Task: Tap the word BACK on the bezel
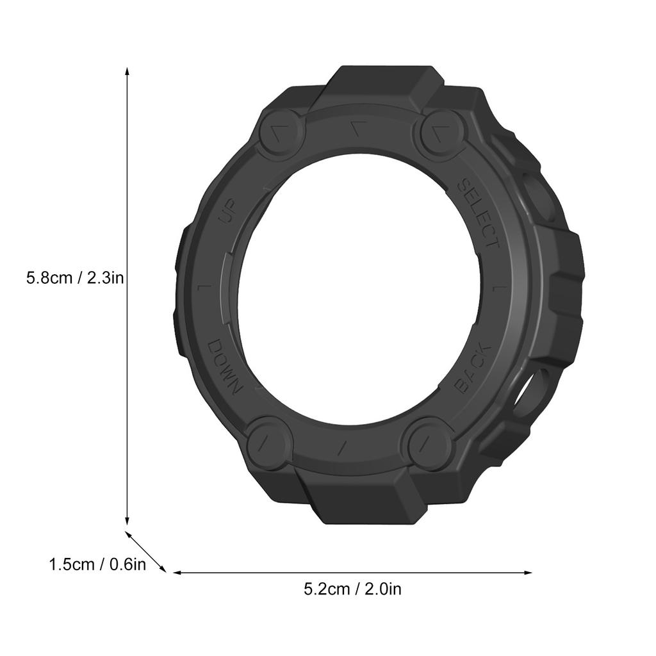(x=473, y=368)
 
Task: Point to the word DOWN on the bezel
(x=224, y=368)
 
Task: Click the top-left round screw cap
(x=281, y=133)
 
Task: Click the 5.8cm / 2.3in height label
(x=75, y=278)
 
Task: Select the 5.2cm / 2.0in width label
(x=352, y=589)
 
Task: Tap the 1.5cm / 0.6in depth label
(x=98, y=564)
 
